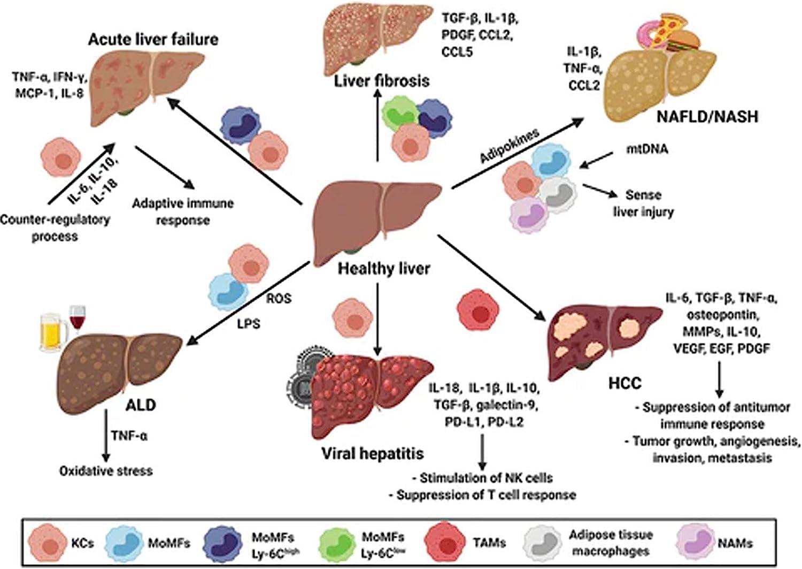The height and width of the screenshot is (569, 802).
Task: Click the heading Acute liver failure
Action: click(153, 39)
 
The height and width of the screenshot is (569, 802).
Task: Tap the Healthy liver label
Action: click(383, 268)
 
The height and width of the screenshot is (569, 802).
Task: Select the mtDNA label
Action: click(647, 148)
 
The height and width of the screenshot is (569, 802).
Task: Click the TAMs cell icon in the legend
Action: click(445, 543)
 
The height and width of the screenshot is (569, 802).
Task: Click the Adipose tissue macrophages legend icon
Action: click(543, 543)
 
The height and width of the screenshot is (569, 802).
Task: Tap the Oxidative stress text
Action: click(106, 471)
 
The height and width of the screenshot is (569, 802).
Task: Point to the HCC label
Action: click(624, 383)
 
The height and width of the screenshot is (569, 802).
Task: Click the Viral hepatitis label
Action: click(372, 454)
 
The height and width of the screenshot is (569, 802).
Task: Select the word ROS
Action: click(279, 298)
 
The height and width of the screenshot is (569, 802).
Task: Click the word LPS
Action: click(248, 323)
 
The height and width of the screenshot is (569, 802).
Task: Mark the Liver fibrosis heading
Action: click(381, 81)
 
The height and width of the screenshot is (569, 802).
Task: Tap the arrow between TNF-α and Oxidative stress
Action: click(106, 436)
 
